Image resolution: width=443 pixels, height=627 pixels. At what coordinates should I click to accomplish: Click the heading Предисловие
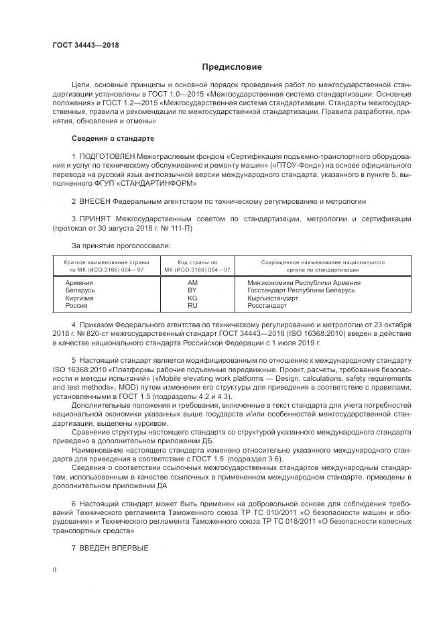pyautogui.click(x=232, y=67)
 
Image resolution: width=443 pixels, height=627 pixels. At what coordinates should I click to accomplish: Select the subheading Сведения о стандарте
pyautogui.click(x=113, y=138)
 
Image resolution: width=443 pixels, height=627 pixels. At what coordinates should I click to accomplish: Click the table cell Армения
pyautogui.click(x=79, y=283)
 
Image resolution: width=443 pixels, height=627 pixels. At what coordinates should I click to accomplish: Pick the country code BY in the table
pyautogui.click(x=192, y=290)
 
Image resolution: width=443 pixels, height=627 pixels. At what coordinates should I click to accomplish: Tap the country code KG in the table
pyautogui.click(x=192, y=298)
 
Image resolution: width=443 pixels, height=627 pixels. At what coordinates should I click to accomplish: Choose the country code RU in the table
pyautogui.click(x=192, y=305)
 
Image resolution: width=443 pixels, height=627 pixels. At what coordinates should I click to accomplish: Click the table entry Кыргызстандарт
pyautogui.click(x=273, y=298)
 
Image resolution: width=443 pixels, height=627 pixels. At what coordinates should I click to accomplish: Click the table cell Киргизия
pyautogui.click(x=80, y=298)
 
